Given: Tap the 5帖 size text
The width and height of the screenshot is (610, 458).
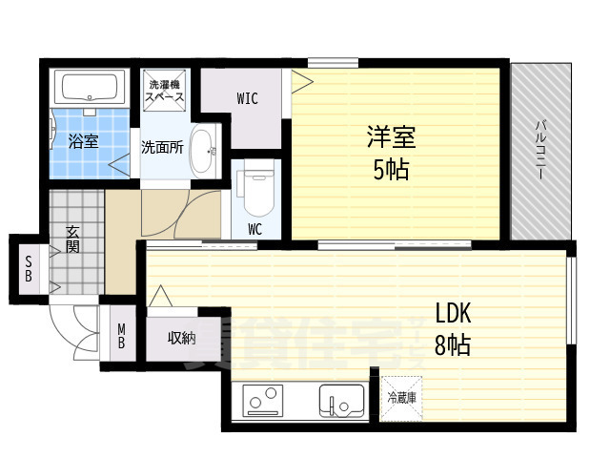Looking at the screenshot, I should [391, 170].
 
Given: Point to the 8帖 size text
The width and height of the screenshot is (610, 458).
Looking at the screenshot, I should [453, 344].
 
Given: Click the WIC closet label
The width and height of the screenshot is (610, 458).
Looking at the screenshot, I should [247, 98].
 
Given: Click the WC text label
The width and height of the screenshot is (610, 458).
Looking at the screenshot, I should [255, 229].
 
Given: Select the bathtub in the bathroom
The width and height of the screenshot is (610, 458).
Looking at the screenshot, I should [89, 89].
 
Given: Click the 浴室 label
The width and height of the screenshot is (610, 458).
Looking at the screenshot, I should [83, 142].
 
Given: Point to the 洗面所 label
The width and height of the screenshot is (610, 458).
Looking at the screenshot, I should [162, 148].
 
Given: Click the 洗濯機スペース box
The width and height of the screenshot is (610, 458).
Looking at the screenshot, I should [165, 92].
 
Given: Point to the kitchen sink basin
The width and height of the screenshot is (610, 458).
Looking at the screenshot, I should [339, 399].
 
